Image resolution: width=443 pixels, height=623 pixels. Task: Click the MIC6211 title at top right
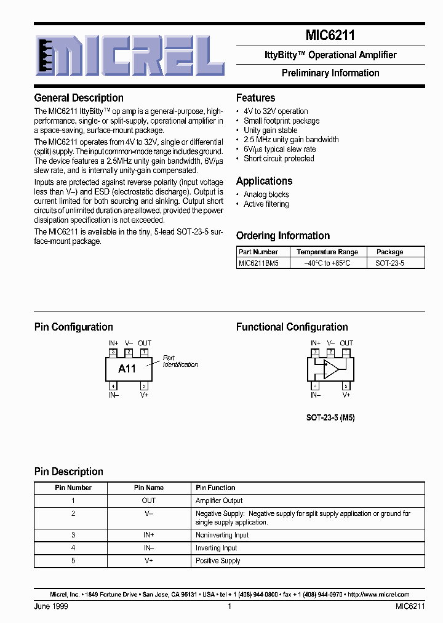point(330,36)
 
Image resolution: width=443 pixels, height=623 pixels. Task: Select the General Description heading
point(79,98)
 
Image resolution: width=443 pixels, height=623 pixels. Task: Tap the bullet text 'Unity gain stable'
point(270,131)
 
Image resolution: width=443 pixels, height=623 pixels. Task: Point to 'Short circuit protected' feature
point(279,159)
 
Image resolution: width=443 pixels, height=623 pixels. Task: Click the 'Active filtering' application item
point(266,204)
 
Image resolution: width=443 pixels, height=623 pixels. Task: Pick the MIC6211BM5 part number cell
point(258,263)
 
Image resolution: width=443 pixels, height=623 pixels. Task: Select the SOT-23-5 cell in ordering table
point(389,263)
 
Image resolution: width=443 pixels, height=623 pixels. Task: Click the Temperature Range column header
point(327,252)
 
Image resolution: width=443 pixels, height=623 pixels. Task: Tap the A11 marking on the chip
point(127,369)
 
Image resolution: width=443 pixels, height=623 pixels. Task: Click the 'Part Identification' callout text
point(180,361)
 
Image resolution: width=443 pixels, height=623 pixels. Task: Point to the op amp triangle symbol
point(331,369)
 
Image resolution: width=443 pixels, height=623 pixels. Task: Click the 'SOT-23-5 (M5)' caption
point(330,417)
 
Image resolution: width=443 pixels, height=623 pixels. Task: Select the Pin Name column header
point(149,488)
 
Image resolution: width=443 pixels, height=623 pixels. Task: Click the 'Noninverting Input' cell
point(222,536)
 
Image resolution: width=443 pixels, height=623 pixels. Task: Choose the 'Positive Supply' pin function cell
point(218,561)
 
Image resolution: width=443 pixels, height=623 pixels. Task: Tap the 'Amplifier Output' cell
point(219,501)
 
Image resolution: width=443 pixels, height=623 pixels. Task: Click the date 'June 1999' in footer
point(51,606)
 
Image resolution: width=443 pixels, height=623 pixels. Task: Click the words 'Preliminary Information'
point(330,73)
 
